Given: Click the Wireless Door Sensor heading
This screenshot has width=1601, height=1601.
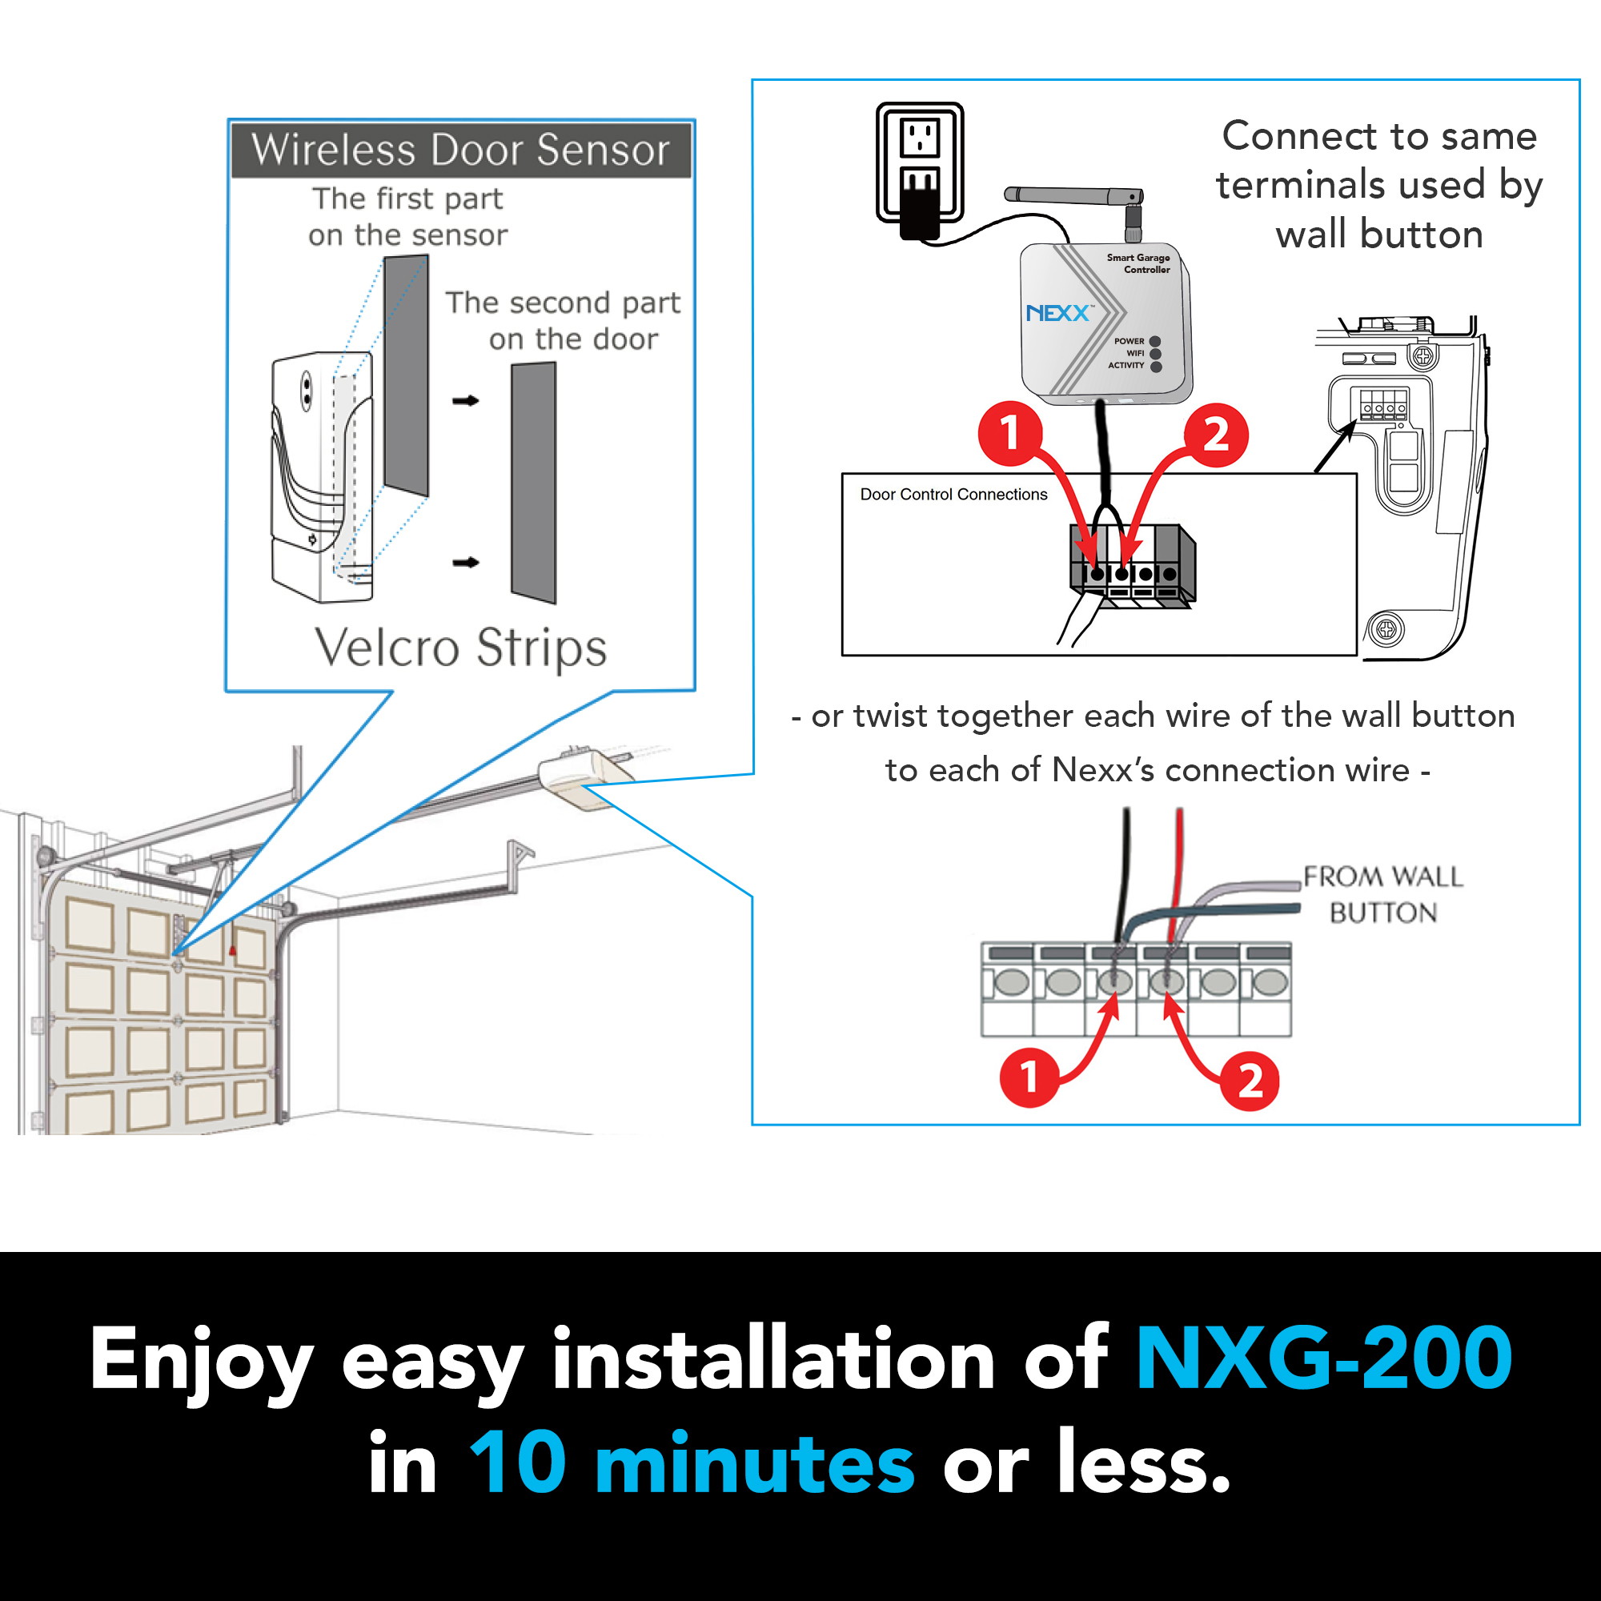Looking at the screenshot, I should (x=460, y=150).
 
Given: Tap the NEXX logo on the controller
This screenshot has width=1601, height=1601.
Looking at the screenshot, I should (x=1057, y=313).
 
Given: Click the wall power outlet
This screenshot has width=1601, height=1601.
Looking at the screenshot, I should (x=920, y=162).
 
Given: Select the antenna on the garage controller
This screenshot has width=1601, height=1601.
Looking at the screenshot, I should (x=1073, y=195).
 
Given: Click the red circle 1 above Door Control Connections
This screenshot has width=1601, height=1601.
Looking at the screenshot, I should (x=1009, y=432).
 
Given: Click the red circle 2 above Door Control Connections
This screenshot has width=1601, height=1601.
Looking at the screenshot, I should (x=1215, y=434).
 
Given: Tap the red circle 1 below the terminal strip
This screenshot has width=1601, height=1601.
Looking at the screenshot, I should (x=1029, y=1077).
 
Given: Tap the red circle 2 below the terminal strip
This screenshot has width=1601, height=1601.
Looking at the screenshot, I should (x=1250, y=1081).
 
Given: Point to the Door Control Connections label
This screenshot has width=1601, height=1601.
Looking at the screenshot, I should (x=953, y=495).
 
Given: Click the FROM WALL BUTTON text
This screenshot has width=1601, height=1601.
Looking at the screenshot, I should (x=1382, y=894).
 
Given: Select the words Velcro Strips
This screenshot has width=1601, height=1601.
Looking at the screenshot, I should (x=461, y=647).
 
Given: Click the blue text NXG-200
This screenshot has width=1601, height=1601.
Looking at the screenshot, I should (x=1323, y=1359).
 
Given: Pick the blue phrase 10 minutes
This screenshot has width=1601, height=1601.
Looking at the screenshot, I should (x=692, y=1464).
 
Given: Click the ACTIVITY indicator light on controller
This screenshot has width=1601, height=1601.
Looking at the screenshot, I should (x=1156, y=367).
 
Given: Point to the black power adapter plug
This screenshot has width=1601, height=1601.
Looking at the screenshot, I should (x=918, y=211).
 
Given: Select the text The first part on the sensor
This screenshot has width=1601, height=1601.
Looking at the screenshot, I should (x=407, y=217).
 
